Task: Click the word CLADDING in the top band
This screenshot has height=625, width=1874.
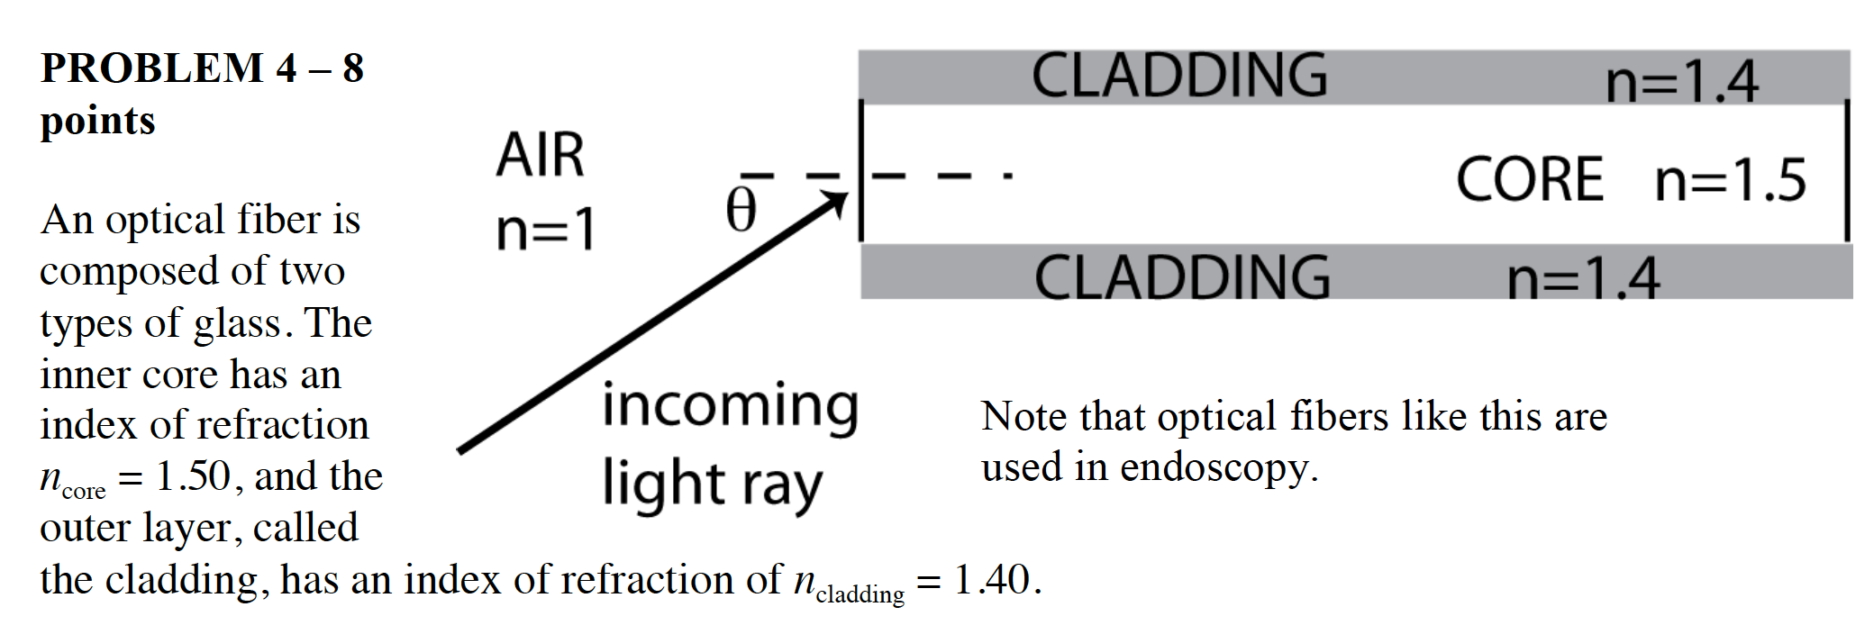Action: (x=1178, y=76)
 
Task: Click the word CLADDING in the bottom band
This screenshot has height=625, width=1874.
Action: (x=1181, y=277)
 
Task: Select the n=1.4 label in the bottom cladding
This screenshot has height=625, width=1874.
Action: (x=1583, y=279)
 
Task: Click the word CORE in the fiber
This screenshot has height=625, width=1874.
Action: (x=1530, y=179)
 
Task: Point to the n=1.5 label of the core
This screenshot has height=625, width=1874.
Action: (x=1731, y=180)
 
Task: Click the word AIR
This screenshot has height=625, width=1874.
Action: (x=541, y=155)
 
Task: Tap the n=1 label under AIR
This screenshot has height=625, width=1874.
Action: (x=546, y=229)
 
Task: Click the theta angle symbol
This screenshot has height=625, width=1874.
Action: (x=741, y=211)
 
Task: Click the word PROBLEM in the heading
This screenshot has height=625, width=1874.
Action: (x=152, y=68)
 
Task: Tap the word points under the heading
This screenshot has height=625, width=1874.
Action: (x=97, y=121)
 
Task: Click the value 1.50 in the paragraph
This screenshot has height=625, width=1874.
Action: (x=193, y=476)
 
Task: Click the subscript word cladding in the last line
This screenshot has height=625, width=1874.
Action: (x=860, y=594)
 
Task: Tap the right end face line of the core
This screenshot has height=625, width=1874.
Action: (x=1847, y=171)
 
